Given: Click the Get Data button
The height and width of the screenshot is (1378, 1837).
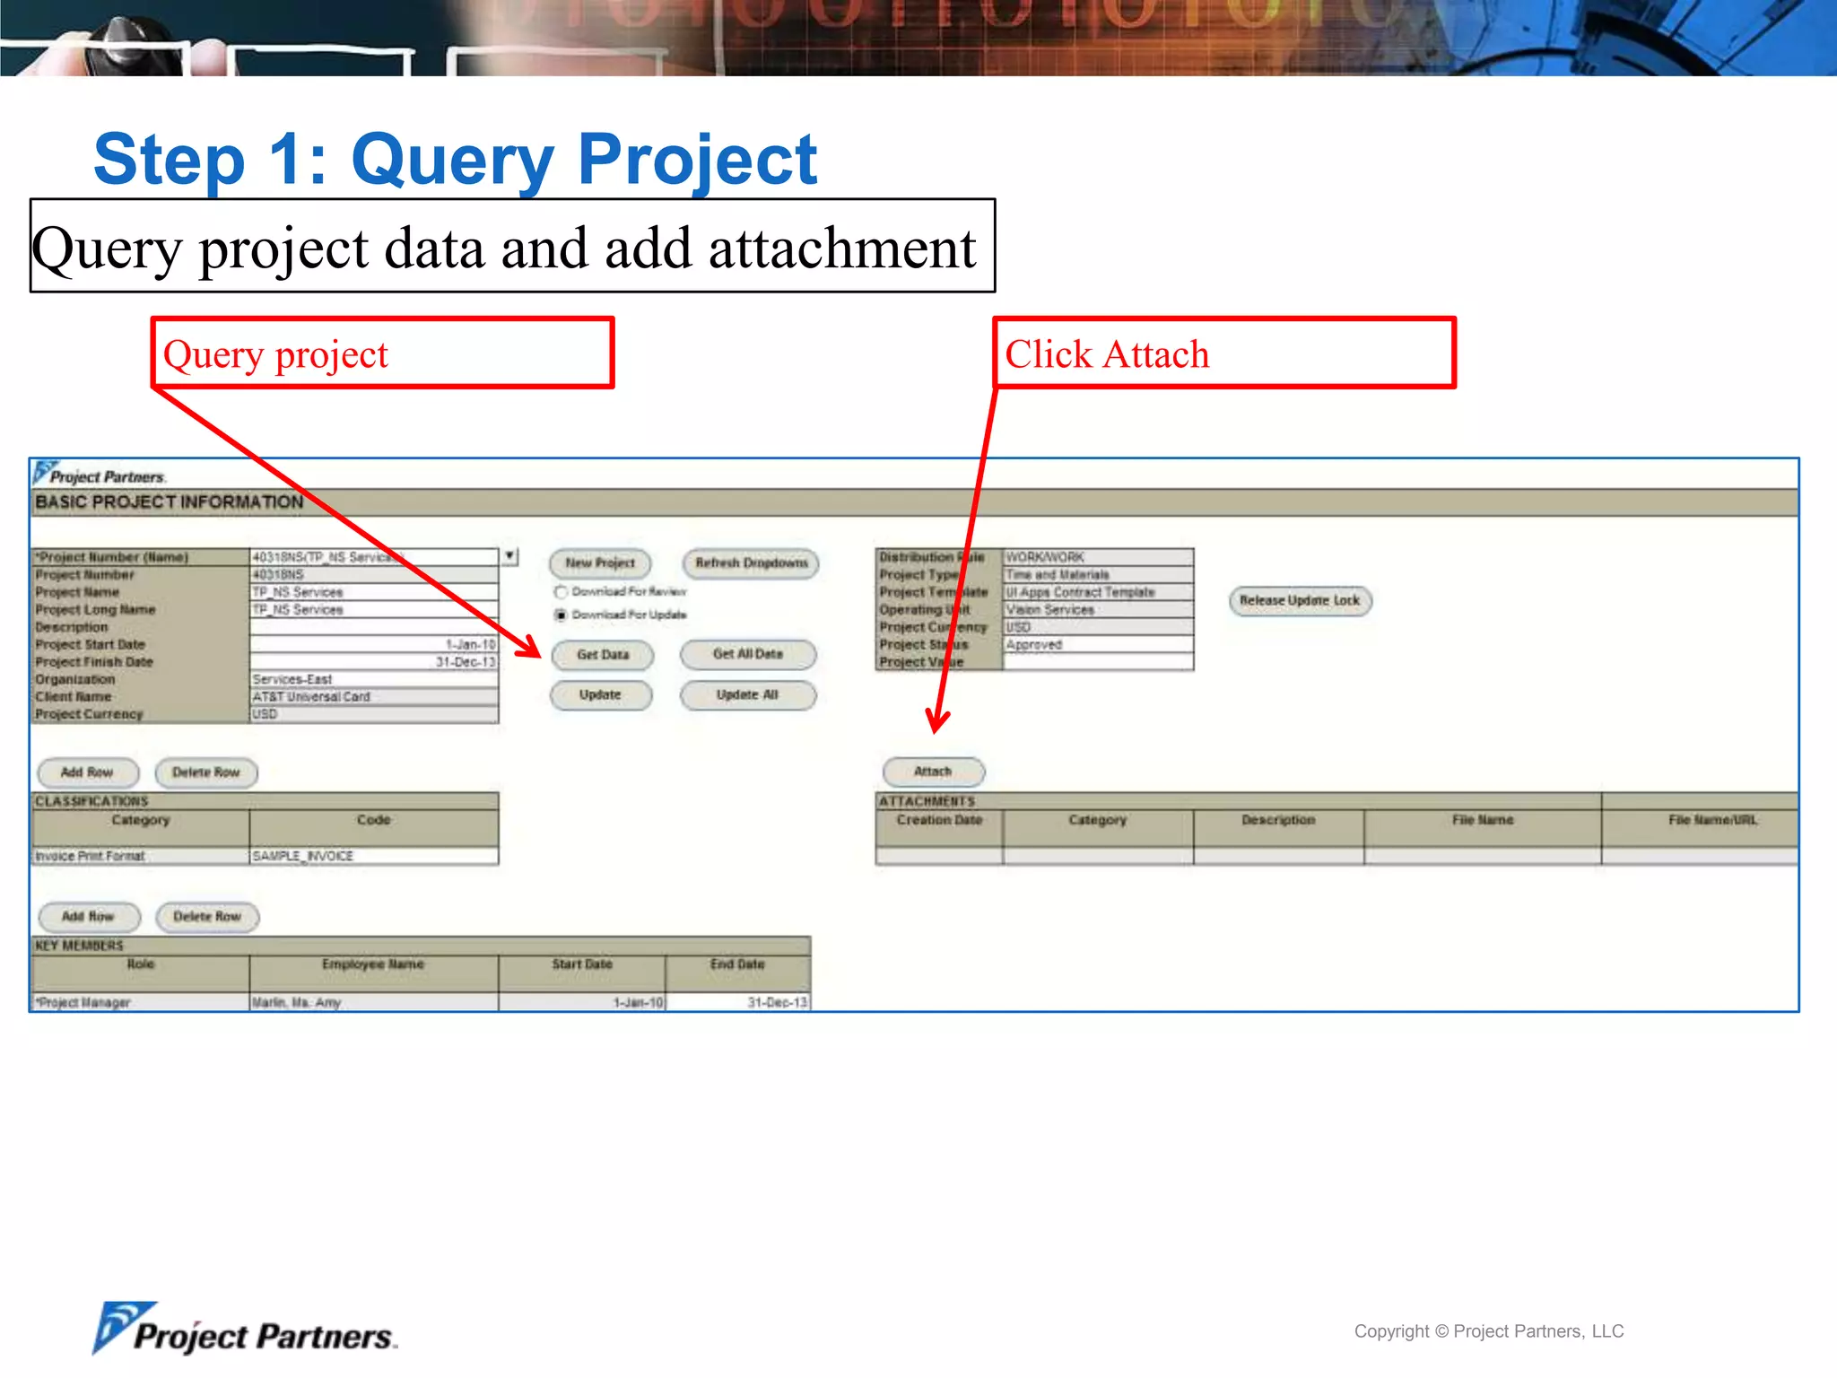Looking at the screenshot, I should tap(602, 655).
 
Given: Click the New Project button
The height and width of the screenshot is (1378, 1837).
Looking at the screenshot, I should tap(600, 563).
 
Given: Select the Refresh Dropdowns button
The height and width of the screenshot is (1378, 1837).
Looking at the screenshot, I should tap(751, 563).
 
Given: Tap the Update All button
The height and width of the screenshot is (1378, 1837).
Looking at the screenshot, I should tap(747, 695).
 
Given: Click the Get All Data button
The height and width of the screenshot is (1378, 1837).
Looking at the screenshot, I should tap(747, 654).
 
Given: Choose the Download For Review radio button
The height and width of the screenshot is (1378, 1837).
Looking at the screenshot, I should tap(562, 592).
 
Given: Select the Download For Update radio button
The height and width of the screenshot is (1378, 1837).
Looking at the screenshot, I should tap(562, 615).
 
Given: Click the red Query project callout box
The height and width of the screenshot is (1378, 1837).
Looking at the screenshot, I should tap(382, 353).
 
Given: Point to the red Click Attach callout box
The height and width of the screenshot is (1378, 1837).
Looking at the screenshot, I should tap(1223, 353).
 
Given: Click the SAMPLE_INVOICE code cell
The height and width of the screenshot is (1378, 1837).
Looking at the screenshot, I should tap(373, 856).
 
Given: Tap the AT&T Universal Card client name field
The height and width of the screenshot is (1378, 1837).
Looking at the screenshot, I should tap(373, 696).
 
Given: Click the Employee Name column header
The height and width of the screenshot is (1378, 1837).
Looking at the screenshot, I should tap(373, 964).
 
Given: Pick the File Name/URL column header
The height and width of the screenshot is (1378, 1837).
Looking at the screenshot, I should tap(1711, 820).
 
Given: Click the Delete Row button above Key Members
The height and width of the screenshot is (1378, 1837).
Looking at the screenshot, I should tap(207, 917).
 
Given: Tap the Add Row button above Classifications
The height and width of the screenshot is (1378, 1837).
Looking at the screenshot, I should tap(87, 772).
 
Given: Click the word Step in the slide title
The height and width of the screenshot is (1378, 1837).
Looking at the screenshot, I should tap(170, 160).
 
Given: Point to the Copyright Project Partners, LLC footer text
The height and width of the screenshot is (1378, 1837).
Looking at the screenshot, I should tap(1488, 1331).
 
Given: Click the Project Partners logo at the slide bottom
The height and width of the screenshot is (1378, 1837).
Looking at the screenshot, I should tap(245, 1330).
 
